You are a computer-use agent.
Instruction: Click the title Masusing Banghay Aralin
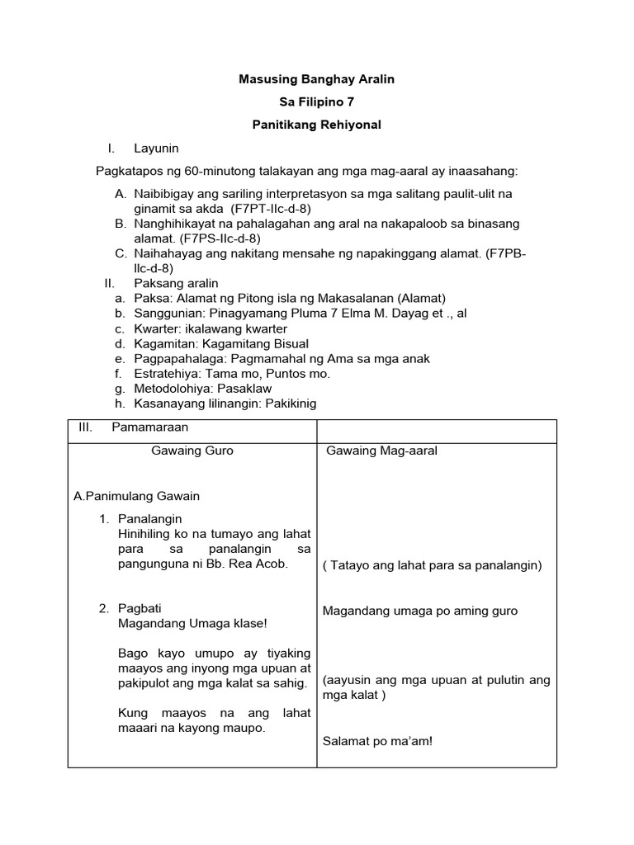[316, 79]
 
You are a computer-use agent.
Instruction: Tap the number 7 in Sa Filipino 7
[350, 102]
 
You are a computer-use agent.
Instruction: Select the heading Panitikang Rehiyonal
[316, 125]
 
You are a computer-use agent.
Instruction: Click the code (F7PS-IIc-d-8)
[220, 238]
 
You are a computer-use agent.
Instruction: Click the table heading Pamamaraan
[149, 427]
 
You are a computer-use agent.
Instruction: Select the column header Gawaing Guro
[192, 451]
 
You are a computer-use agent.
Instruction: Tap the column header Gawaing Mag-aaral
[381, 451]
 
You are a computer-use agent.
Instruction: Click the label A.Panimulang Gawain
[136, 496]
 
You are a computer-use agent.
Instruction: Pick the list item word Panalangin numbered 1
[149, 519]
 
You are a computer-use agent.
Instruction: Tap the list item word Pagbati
[140, 608]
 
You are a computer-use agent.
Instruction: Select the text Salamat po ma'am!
[377, 741]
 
